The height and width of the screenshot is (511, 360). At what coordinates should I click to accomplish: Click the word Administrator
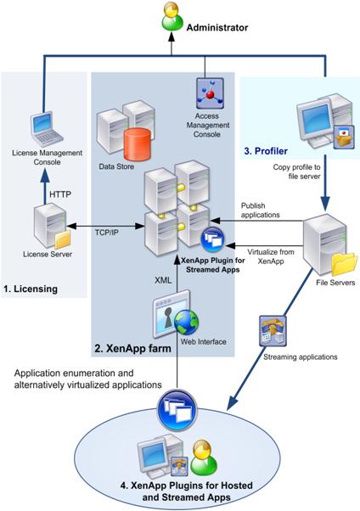point(217,28)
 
